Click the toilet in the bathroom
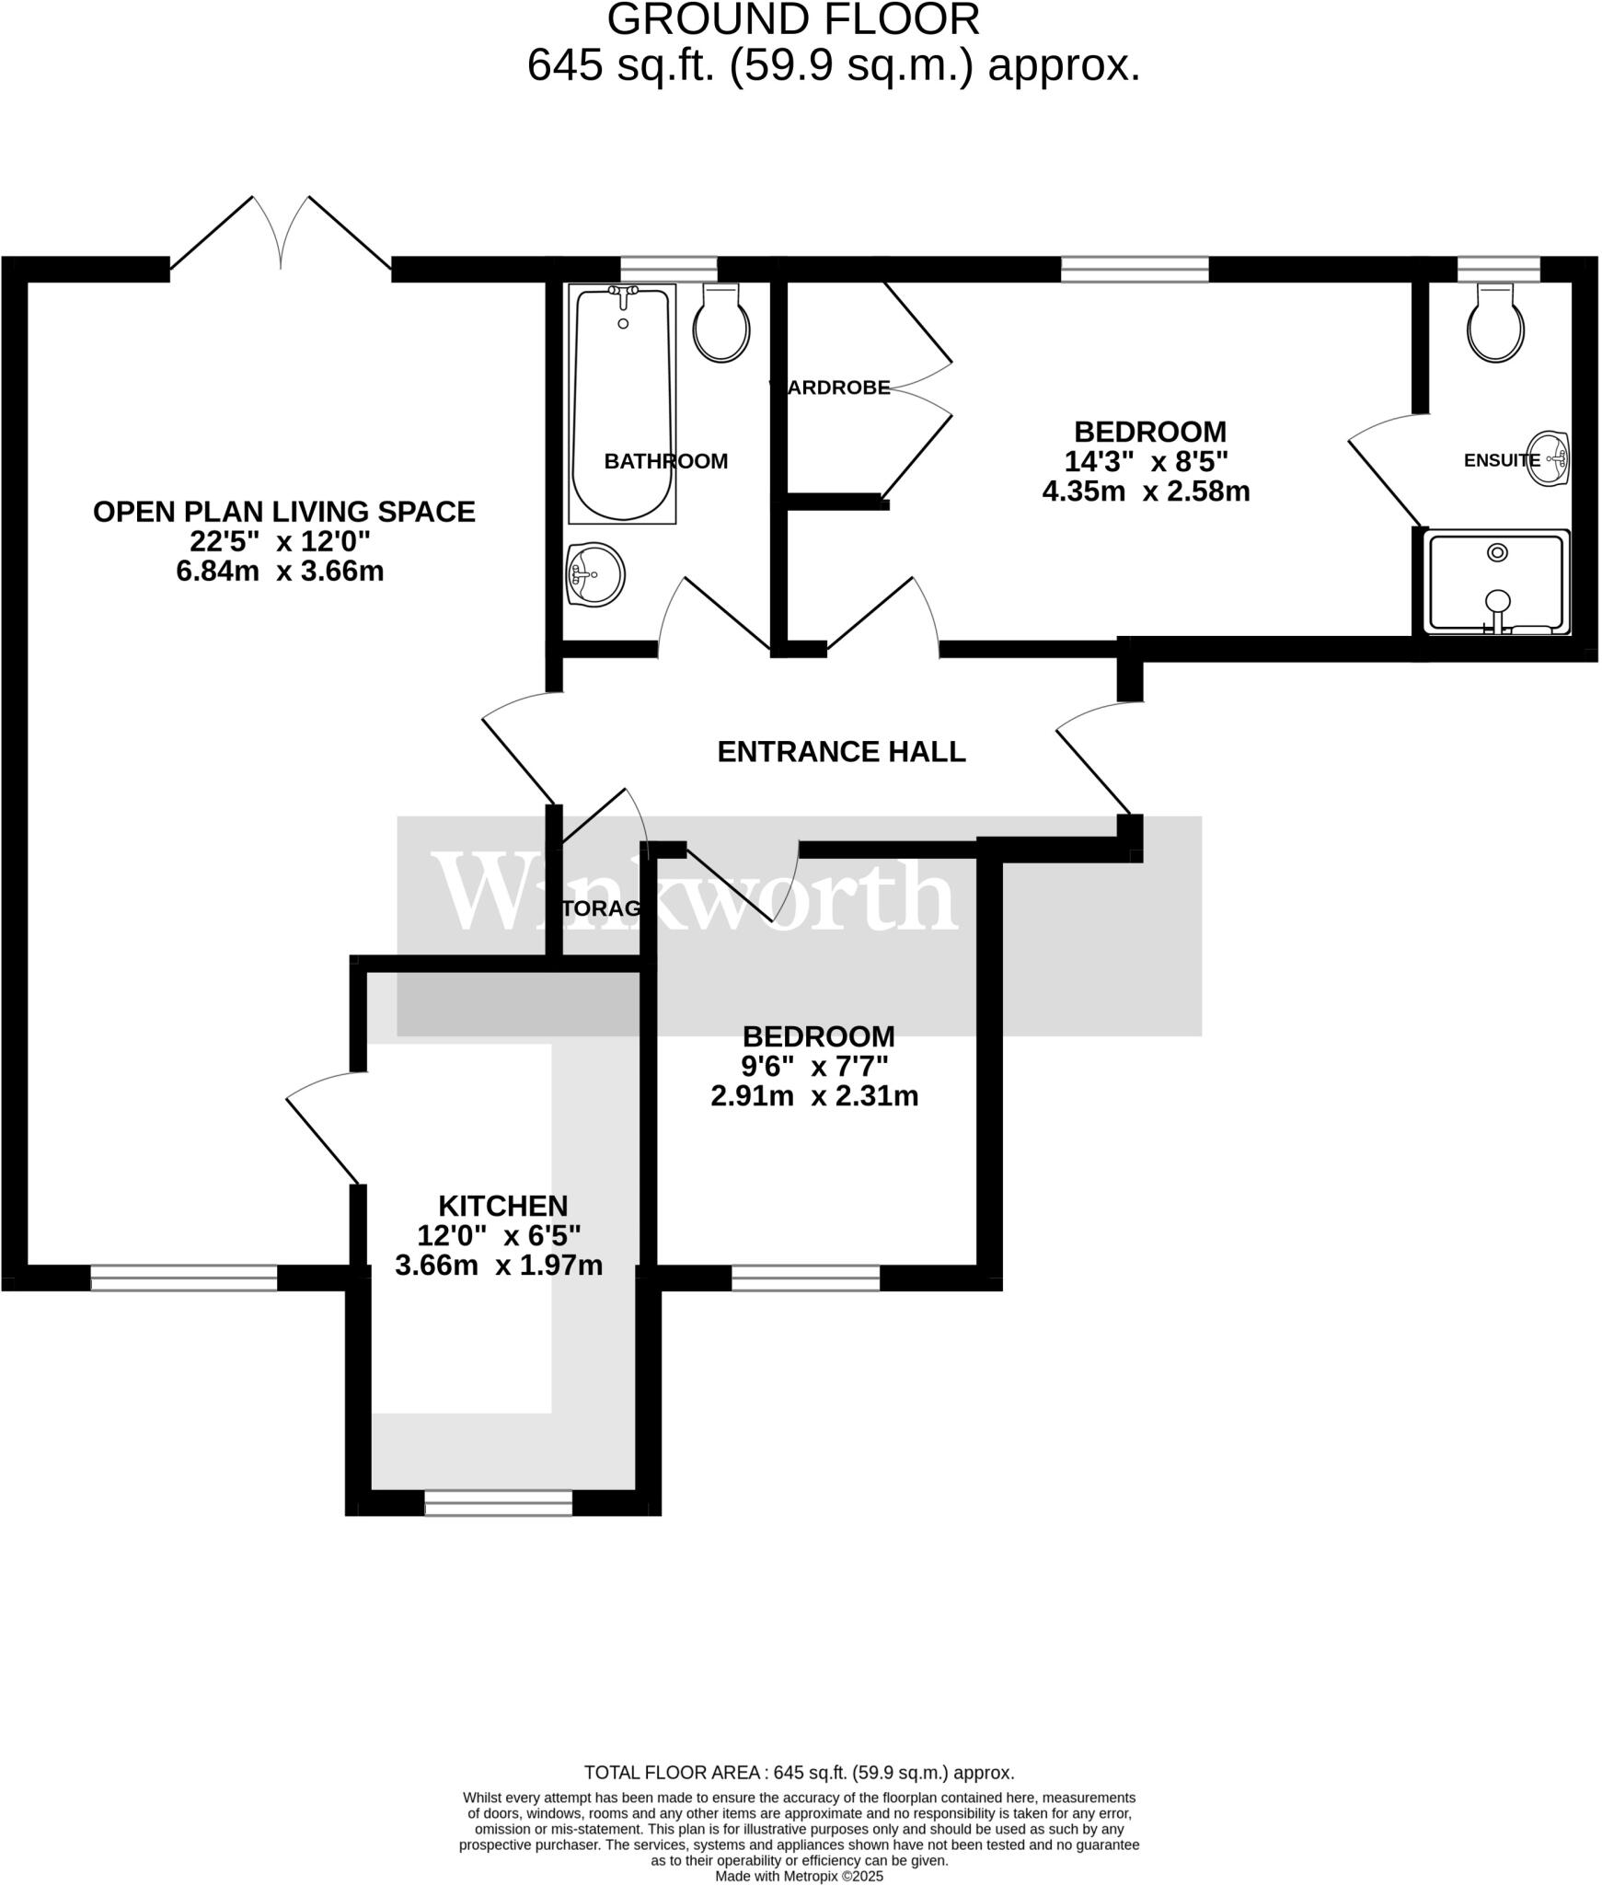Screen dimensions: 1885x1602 [x=720, y=324]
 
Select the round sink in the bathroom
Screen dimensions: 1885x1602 [x=595, y=575]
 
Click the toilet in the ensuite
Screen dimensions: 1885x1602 [x=1495, y=324]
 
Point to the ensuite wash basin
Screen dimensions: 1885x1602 [x=1555, y=457]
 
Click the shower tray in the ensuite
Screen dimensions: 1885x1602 [x=1496, y=582]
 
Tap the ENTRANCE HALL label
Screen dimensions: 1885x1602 [x=841, y=752]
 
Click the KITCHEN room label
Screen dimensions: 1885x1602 [x=502, y=1206]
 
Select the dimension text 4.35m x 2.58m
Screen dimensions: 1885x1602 [x=1146, y=491]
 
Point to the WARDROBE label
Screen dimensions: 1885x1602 [x=831, y=388]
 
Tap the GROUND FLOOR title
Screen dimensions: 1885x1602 [x=793, y=20]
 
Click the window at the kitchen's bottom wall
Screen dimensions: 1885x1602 [x=498, y=1503]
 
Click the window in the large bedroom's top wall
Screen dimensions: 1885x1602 [x=1134, y=269]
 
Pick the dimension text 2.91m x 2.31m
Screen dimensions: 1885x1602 [x=814, y=1096]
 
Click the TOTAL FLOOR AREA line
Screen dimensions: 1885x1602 [x=799, y=1772]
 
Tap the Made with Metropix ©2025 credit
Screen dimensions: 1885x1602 [x=799, y=1876]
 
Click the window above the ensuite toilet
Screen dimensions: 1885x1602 [x=1498, y=269]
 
